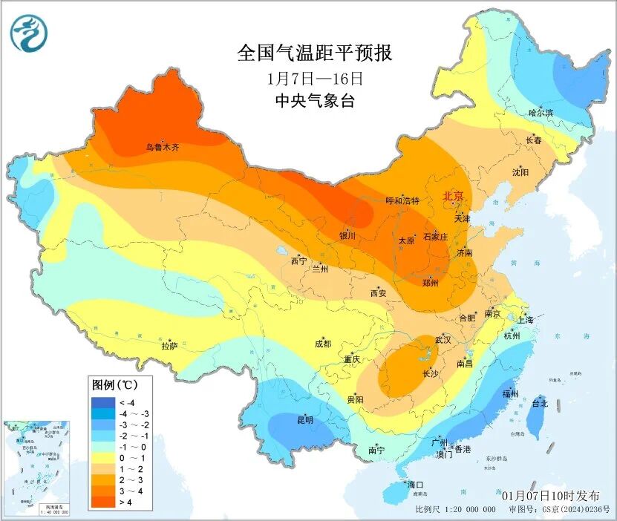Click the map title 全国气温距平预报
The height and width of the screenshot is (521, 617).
[314, 53]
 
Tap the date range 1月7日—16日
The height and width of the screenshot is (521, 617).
[314, 78]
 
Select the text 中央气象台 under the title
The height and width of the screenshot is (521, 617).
[314, 101]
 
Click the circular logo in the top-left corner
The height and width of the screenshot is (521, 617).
[28, 33]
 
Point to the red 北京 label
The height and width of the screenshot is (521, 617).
[453, 197]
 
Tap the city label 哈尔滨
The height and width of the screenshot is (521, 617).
[541, 113]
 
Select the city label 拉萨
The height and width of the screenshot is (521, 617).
[169, 346]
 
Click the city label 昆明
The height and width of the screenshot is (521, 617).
[305, 420]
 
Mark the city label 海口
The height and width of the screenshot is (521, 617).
[416, 485]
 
